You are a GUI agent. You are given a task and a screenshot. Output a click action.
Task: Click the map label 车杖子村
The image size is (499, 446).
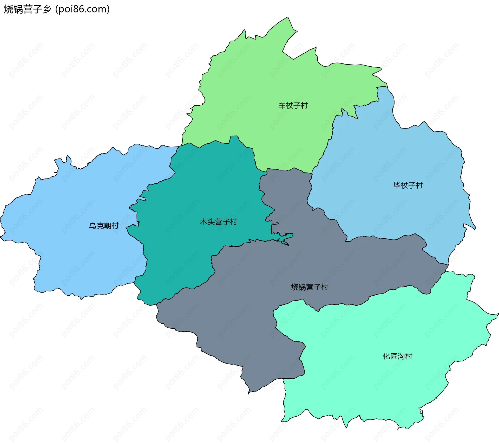293,105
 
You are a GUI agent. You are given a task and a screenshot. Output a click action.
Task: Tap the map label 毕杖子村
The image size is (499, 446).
408,185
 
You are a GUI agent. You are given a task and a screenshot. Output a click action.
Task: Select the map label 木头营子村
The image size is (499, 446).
219,222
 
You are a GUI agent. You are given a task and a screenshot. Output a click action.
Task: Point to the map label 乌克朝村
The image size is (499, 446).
104,226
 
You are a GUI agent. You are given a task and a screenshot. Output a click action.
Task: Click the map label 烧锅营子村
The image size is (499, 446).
310,287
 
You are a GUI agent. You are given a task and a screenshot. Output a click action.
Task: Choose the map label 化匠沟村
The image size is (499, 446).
397,356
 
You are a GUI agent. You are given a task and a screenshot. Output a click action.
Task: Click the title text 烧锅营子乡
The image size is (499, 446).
28,9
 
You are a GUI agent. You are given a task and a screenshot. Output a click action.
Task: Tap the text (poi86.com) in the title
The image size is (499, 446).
83,9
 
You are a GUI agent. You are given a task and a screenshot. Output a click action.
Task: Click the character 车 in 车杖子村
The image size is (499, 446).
282,105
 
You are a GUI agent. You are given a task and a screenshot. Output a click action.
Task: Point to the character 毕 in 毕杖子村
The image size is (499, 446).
397,185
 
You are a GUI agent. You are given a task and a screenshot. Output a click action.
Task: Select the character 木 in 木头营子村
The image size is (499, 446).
204,222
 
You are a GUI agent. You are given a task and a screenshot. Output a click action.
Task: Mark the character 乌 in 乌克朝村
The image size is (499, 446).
93,226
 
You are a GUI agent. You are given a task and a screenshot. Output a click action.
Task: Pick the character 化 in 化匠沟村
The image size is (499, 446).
386,356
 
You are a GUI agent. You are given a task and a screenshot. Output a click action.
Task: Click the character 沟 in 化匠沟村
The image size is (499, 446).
401,356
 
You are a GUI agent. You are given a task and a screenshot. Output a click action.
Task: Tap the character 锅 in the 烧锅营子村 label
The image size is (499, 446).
302,287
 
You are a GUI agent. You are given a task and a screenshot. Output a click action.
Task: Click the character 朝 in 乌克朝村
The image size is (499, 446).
108,226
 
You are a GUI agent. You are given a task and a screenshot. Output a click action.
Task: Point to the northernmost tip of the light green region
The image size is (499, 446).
287,17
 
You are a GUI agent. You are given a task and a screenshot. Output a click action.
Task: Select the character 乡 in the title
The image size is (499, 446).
47,9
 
